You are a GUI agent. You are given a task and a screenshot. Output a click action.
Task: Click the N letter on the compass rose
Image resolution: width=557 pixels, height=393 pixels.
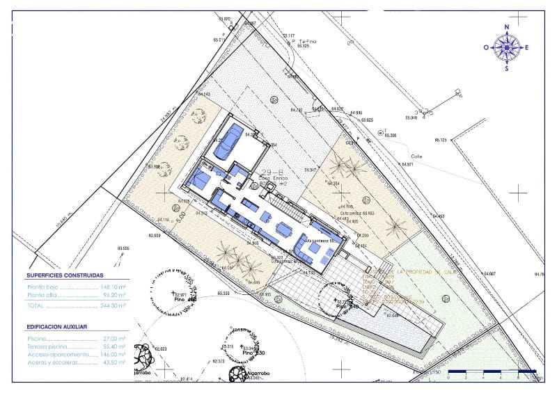click(507, 27)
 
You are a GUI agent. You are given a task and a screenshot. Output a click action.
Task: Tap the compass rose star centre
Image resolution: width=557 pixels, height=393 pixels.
click(507, 47)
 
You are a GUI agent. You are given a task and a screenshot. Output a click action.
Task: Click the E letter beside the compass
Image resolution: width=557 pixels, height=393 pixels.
click(527, 47)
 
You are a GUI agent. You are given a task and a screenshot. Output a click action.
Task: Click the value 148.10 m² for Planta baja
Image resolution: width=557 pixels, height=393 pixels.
click(112, 287)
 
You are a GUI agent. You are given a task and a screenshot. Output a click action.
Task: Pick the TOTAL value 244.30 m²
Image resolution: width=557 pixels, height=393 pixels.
click(112, 305)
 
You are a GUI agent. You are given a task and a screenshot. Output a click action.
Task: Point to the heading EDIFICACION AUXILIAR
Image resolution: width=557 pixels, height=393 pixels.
click(57, 326)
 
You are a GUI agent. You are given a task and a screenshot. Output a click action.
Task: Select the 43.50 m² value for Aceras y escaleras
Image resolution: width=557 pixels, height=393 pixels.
click(113, 362)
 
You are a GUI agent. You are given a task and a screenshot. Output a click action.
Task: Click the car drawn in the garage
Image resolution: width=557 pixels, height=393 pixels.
click(229, 141)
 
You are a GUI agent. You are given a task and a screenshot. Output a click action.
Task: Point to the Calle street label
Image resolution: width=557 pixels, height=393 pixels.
click(416, 157)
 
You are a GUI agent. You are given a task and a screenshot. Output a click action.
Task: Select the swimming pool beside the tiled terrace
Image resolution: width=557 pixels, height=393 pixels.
click(397, 327)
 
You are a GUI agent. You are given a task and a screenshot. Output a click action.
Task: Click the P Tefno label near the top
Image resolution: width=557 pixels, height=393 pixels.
click(304, 42)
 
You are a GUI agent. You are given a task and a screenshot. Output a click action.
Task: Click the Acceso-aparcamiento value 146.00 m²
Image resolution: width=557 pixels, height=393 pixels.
click(112, 354)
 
